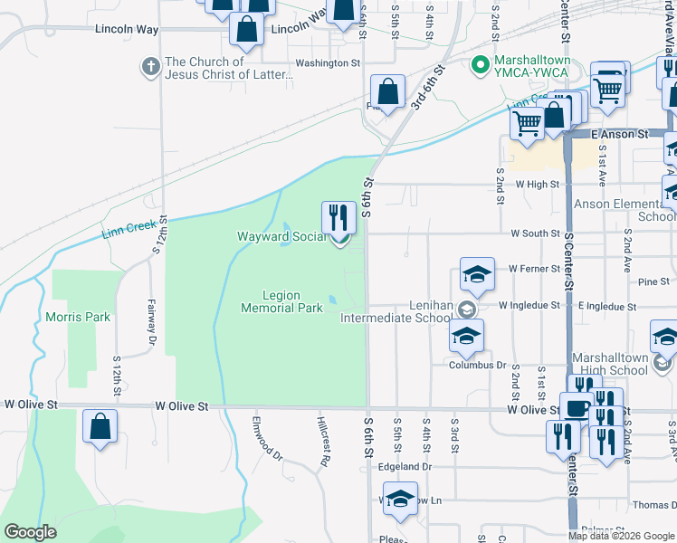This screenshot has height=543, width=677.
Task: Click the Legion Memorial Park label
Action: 281,301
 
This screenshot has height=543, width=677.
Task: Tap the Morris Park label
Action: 78,317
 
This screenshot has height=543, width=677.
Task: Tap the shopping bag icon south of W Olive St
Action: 100,426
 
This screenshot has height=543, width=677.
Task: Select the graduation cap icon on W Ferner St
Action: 477,273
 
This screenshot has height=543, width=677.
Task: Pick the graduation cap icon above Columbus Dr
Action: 465,336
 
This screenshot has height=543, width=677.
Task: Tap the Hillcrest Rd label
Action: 323,442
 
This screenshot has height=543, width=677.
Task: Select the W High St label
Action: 538,184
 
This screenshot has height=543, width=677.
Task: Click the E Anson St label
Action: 622,134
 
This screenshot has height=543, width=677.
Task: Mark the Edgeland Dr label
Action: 404,467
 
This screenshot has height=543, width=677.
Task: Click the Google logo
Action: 31,532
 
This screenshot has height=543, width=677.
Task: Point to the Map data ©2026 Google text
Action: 621,536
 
